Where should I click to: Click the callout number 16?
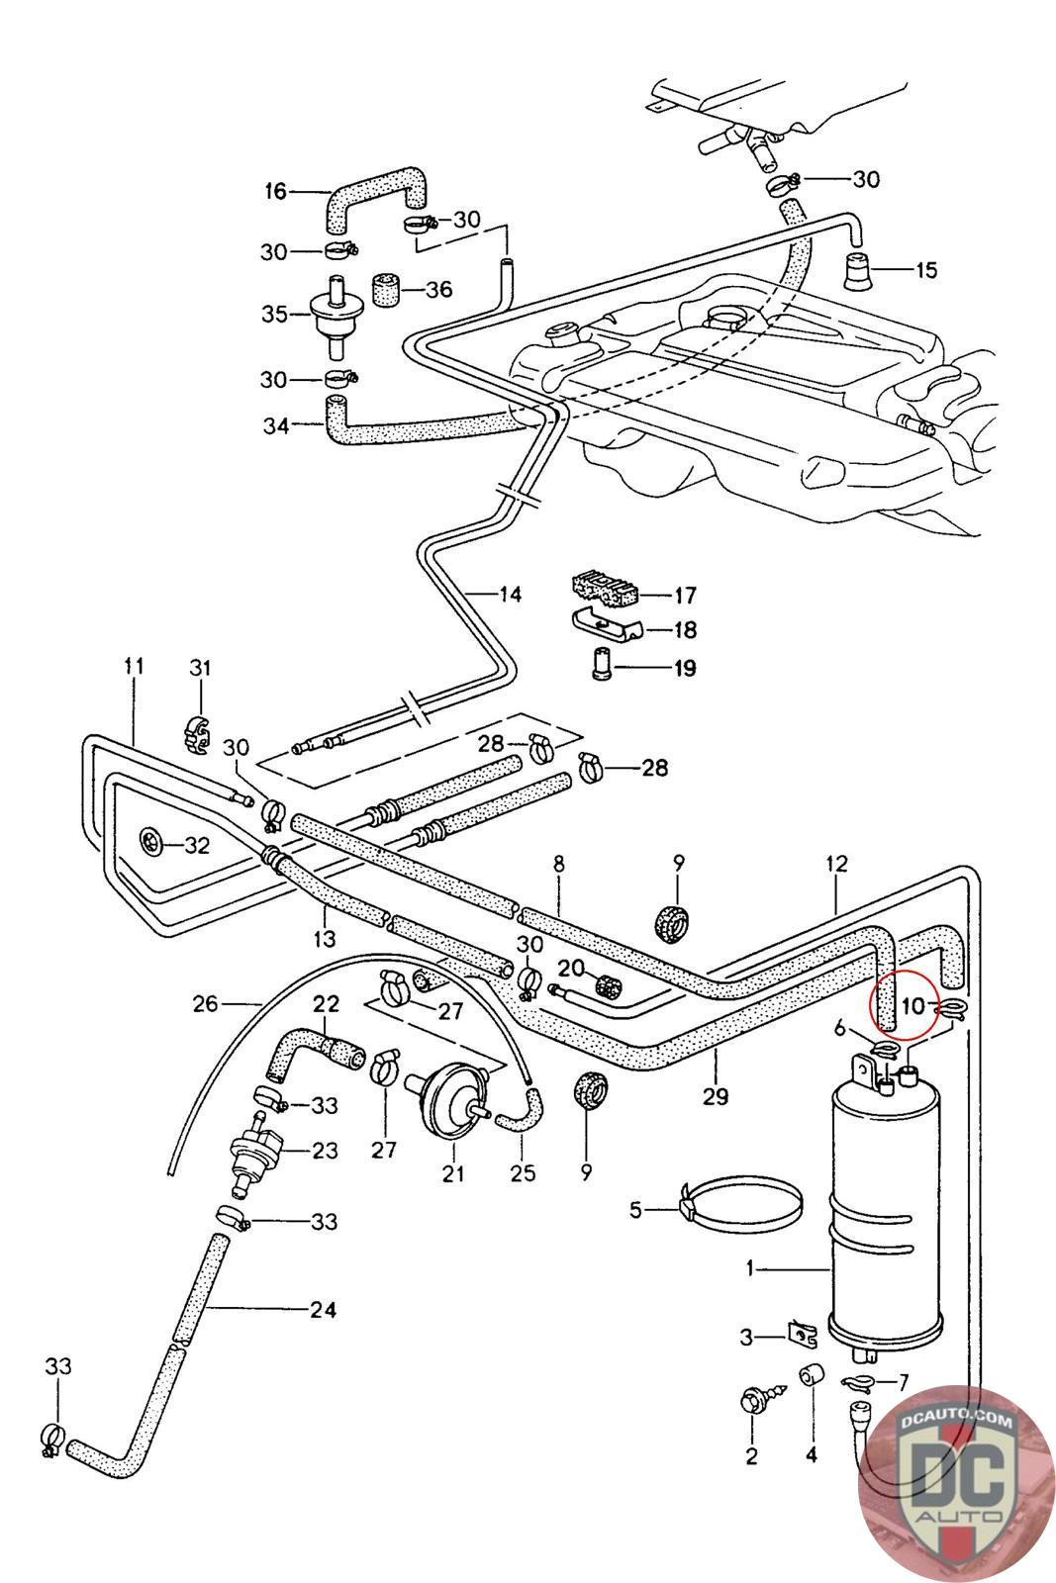tap(274, 191)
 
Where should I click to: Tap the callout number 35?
tap(274, 314)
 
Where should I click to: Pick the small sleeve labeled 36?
tap(384, 289)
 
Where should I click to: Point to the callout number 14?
tap(509, 595)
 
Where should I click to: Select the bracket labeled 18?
tap(606, 628)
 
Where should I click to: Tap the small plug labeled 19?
tap(601, 665)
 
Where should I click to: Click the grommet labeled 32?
tap(151, 843)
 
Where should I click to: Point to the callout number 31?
tap(200, 669)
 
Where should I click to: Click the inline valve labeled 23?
tap(256, 1150)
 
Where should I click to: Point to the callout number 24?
tap(323, 1310)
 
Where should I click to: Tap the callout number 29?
tap(716, 1095)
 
